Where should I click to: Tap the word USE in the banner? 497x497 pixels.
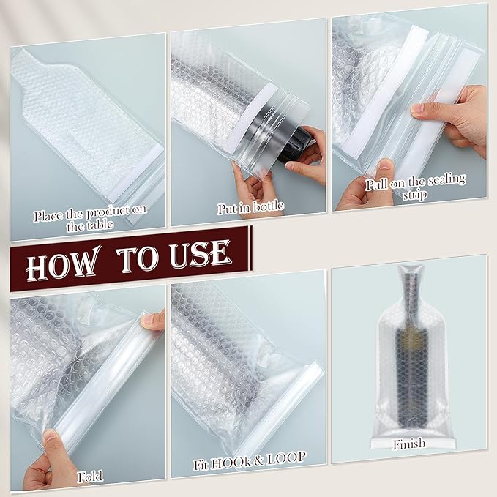[x=197, y=255]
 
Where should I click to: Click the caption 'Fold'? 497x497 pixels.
[x=91, y=477]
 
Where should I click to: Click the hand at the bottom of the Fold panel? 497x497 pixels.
[x=51, y=461]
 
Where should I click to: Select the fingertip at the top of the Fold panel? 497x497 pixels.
[x=152, y=318]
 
